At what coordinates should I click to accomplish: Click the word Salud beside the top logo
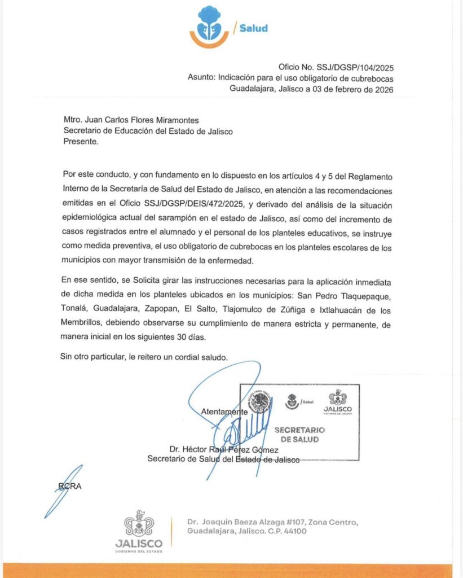click(x=253, y=28)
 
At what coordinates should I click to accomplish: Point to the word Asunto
click(x=200, y=78)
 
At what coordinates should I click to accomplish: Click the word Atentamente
click(x=224, y=412)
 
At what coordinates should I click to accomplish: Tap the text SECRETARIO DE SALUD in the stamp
click(x=299, y=435)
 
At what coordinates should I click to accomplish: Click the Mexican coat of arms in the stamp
click(x=261, y=402)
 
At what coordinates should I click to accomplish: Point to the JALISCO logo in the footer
click(x=139, y=531)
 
